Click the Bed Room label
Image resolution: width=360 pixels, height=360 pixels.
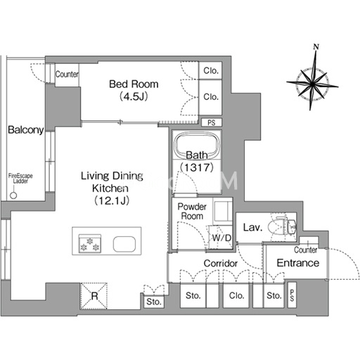coord(134,84)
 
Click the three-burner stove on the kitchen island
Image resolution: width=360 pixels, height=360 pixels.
coord(90,244)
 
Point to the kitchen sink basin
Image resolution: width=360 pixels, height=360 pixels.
coord(124,244)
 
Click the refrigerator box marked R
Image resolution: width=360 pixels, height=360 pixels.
coord(94,296)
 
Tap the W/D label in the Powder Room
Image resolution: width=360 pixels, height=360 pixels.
coord(221,238)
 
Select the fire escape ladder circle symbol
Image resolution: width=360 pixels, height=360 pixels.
coord(13,195)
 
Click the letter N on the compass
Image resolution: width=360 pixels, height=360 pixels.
coord(316,47)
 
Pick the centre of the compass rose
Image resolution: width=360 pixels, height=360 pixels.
coord(312,83)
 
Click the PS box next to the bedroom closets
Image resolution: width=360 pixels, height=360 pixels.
coord(212,122)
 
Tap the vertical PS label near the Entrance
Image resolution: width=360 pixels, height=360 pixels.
coord(292,295)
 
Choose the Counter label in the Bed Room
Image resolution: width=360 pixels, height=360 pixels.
coord(67,75)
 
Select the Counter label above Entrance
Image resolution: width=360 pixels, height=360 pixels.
coord(306,250)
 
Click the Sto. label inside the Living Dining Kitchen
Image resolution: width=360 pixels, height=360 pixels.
coord(154,302)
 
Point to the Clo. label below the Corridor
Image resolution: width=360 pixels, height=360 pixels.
coord(236,295)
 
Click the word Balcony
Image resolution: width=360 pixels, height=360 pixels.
coord(26,130)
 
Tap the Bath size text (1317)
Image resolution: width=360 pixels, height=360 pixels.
coord(197,167)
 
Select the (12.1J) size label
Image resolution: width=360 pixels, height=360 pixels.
coord(112,200)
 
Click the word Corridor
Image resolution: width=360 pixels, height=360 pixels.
coord(221,263)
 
